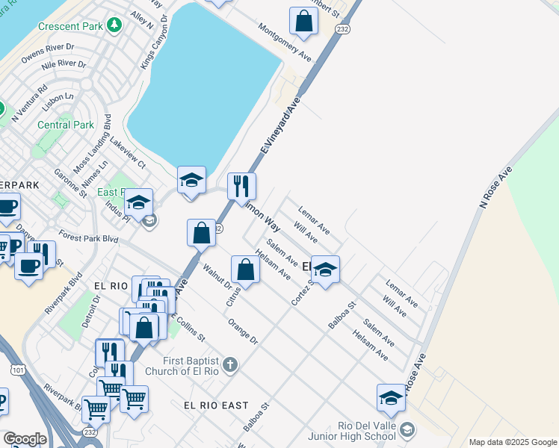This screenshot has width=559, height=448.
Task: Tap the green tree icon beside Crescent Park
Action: (x=114, y=26)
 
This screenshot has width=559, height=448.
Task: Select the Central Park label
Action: (x=66, y=125)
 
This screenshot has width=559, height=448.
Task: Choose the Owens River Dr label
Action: (x=48, y=54)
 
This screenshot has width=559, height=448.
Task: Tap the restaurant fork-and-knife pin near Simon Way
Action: (x=241, y=186)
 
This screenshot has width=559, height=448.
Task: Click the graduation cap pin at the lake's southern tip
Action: (x=191, y=180)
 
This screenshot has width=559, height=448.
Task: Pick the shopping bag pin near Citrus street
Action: (x=245, y=270)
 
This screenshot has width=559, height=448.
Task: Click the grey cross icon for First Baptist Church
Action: (x=231, y=366)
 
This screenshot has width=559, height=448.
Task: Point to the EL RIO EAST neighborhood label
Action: (x=216, y=405)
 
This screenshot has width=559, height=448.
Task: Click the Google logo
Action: (x=24, y=439)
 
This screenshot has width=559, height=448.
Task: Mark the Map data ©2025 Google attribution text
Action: (x=513, y=442)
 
